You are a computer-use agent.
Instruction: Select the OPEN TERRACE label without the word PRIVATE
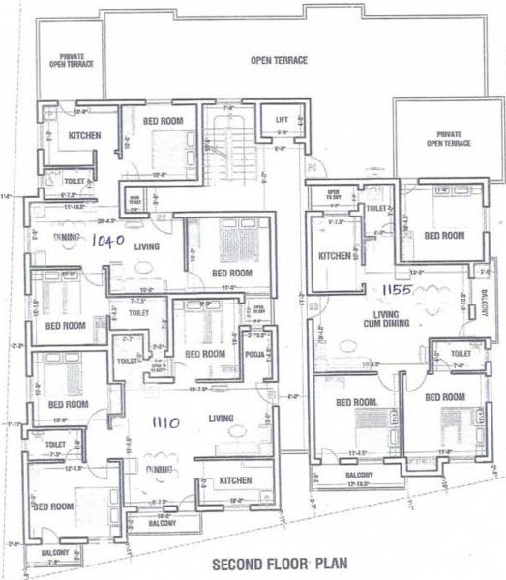click(279, 60)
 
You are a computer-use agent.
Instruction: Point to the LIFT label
click(282, 120)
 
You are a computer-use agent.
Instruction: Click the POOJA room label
click(256, 355)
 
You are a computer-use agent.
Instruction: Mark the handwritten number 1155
click(397, 289)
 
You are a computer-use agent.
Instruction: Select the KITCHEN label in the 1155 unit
click(334, 256)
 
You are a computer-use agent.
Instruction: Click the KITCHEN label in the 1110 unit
click(234, 480)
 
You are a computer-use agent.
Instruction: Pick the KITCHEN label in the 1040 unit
click(84, 136)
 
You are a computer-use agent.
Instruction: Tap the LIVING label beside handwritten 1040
click(147, 246)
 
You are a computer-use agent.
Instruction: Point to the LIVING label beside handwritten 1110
click(223, 419)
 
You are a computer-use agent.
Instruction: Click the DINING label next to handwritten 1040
click(67, 236)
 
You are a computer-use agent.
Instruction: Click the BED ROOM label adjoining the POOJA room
click(205, 354)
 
